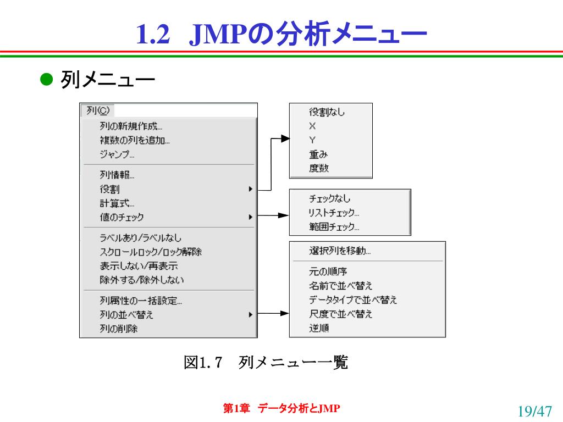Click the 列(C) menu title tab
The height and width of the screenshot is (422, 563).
pos(97,110)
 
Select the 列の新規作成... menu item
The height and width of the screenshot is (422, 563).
pos(131,126)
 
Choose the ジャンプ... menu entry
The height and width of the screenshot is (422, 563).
pos(117,154)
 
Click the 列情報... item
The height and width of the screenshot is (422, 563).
pos(117,175)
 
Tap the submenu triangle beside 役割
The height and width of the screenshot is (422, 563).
pos(251,189)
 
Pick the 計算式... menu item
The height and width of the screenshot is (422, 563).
pos(117,203)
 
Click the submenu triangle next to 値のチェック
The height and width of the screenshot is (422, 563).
pos(251,217)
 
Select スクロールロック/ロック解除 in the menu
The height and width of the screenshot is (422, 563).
pos(151,252)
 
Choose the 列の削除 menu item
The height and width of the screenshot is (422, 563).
pos(119,329)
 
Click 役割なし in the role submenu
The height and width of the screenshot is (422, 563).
pos(327,112)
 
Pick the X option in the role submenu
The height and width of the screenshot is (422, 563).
pos(312,126)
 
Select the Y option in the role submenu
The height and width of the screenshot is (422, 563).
pos(312,140)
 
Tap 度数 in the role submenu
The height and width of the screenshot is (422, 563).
pos(319,168)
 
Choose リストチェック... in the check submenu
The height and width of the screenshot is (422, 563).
pos(334,213)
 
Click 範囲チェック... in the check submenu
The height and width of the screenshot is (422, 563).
pos(334,227)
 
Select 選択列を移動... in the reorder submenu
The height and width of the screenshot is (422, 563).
pos(340,251)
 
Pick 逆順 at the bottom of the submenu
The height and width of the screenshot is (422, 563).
pos(319,328)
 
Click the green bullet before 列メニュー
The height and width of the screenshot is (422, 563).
pos(46,79)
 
